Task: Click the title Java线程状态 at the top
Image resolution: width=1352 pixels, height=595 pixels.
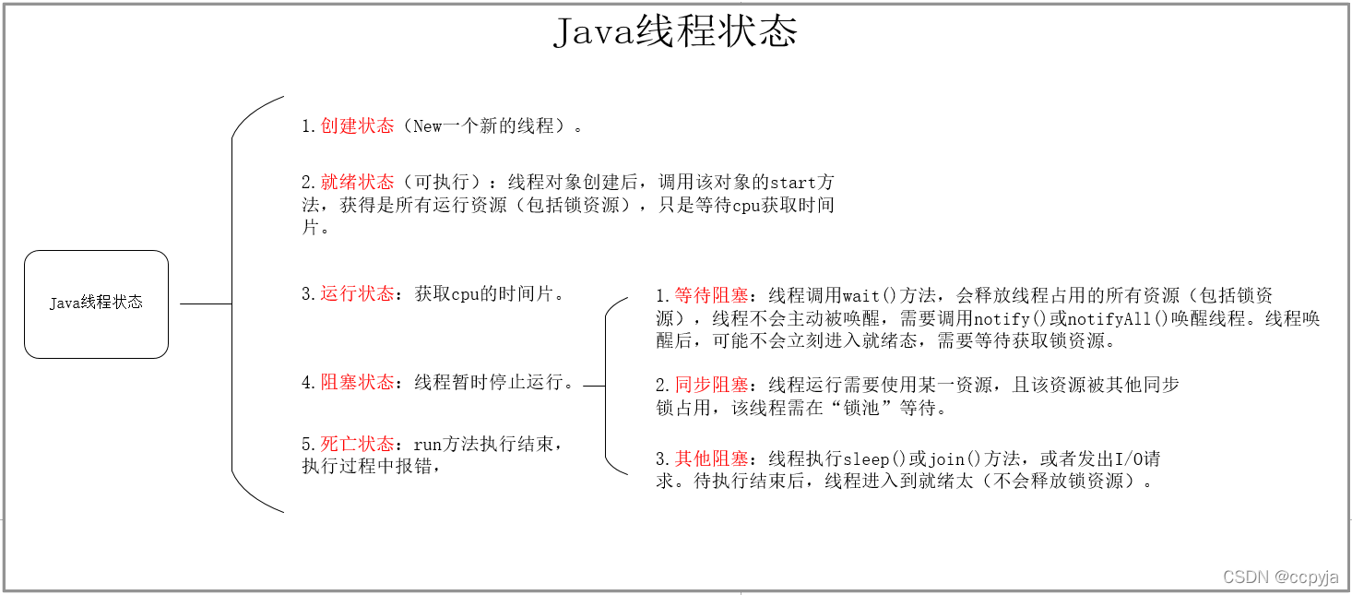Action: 675,33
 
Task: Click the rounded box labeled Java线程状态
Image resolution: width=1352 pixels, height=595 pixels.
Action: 96,303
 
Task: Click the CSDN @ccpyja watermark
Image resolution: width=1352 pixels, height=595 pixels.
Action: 1280,577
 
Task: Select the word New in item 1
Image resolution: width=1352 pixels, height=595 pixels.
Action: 428,126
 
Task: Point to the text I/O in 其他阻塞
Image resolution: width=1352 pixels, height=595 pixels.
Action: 1128,458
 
